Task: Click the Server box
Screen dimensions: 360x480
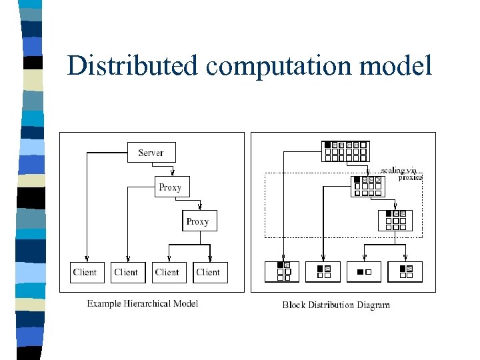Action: (151, 153)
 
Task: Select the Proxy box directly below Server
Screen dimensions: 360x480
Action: (171, 187)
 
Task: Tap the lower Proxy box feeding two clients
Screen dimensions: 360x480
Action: (198, 221)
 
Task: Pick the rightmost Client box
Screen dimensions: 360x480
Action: (209, 272)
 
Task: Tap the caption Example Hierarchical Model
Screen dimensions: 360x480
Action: (143, 304)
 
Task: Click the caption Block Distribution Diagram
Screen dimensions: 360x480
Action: (336, 305)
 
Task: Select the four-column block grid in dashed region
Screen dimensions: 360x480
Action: (367, 186)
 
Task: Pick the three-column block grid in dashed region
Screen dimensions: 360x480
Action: (395, 220)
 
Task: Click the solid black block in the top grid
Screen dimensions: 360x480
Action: (327, 145)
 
